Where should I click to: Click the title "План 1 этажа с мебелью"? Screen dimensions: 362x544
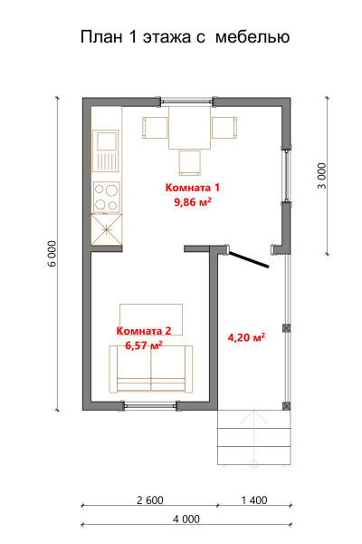point(185,37)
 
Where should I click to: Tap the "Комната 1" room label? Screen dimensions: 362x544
point(192,188)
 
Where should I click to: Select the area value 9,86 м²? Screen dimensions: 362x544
point(193,201)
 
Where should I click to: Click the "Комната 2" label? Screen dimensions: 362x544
point(144,331)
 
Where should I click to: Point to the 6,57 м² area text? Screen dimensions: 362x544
point(144,345)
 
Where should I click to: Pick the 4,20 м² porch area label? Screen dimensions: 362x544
point(246,337)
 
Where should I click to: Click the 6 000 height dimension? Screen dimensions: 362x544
point(52,254)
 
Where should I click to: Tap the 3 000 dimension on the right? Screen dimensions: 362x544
point(322,176)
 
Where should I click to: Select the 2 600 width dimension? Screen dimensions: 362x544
point(150,500)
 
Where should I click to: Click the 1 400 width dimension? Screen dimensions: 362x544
point(254,500)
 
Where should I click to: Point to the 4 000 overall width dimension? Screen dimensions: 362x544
point(186,519)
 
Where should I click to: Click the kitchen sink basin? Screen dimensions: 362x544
point(108,140)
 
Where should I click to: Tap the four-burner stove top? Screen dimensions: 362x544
point(107,197)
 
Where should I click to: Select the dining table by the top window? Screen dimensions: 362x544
point(189,128)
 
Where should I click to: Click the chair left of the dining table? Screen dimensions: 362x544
point(155,128)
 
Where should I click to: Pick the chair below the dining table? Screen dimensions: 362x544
point(189,162)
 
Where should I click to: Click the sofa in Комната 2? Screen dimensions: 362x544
point(151,369)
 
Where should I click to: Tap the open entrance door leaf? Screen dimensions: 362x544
point(249,260)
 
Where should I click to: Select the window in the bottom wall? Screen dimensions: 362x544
point(151,405)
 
